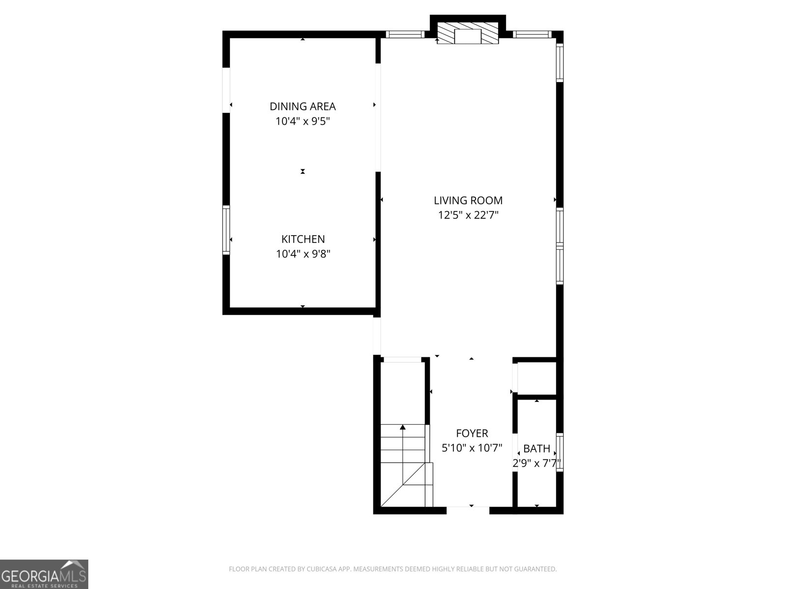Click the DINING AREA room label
[x=303, y=106]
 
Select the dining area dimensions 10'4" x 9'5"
[x=303, y=121]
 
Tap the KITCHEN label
[x=303, y=239]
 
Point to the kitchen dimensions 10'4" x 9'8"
[x=303, y=254]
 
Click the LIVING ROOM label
[x=468, y=200]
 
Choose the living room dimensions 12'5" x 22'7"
[x=468, y=215]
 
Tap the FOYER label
[x=472, y=433]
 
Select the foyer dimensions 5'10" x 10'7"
[x=472, y=448]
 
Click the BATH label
[x=537, y=449]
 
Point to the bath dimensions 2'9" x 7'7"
[x=537, y=463]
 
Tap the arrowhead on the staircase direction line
[x=403, y=427]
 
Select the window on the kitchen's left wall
[x=226, y=230]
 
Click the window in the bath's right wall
[x=560, y=452]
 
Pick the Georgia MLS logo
[x=44, y=574]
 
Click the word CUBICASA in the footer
[x=321, y=569]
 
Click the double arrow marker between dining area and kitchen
[x=303, y=171]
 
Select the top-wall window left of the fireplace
[x=405, y=34]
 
